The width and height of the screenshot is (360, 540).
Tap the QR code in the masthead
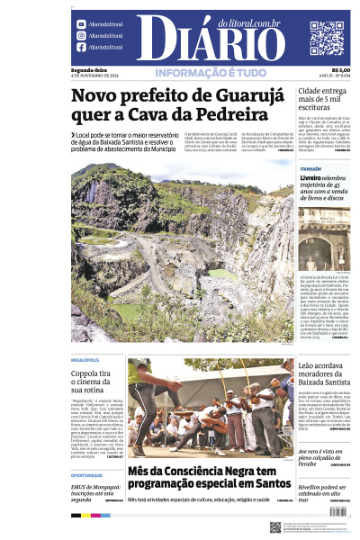[x=326, y=38]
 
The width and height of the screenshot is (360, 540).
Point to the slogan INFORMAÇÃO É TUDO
[x=209, y=73]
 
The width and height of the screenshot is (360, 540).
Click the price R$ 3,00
[x=340, y=70]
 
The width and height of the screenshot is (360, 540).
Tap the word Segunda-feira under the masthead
[x=87, y=70]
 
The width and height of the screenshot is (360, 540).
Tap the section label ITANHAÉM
[x=311, y=168]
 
